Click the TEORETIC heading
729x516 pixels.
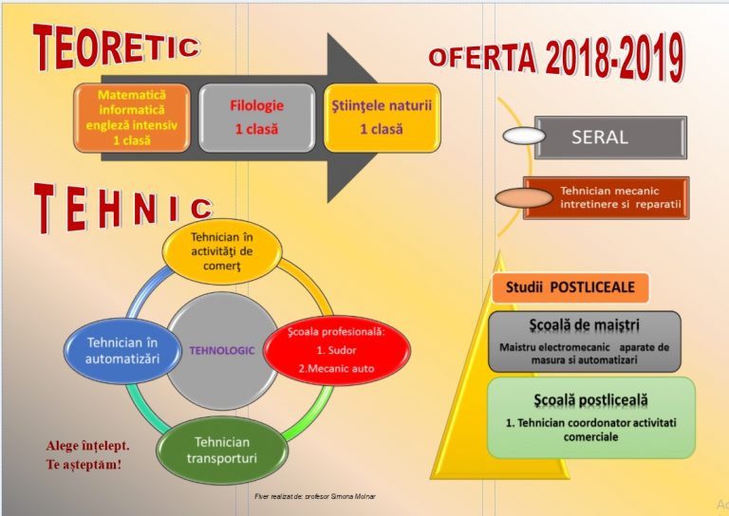[x=117, y=46]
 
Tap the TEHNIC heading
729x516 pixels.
[x=123, y=208]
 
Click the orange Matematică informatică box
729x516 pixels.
[x=132, y=118]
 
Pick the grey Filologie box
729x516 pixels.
[x=256, y=118]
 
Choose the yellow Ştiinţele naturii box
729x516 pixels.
[x=382, y=118]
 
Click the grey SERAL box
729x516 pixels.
[x=610, y=138]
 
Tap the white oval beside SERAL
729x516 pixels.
[x=524, y=136]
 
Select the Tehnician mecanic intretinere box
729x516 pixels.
[x=607, y=198]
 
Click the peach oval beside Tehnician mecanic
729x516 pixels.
[x=524, y=198]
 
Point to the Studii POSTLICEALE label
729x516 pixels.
[x=570, y=287]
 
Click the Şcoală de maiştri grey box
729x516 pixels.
[x=585, y=341]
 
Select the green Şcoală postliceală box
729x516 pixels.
[x=591, y=417]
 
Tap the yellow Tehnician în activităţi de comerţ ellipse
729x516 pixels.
[x=222, y=251]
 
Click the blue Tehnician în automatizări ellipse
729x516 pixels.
[x=122, y=351]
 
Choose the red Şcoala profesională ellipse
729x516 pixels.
[x=337, y=350]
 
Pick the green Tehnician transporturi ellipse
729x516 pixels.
[x=222, y=450]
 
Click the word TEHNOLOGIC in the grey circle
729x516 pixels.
[x=222, y=351]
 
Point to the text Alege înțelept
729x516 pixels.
[x=87, y=446]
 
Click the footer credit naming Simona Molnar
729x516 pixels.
[x=315, y=496]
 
